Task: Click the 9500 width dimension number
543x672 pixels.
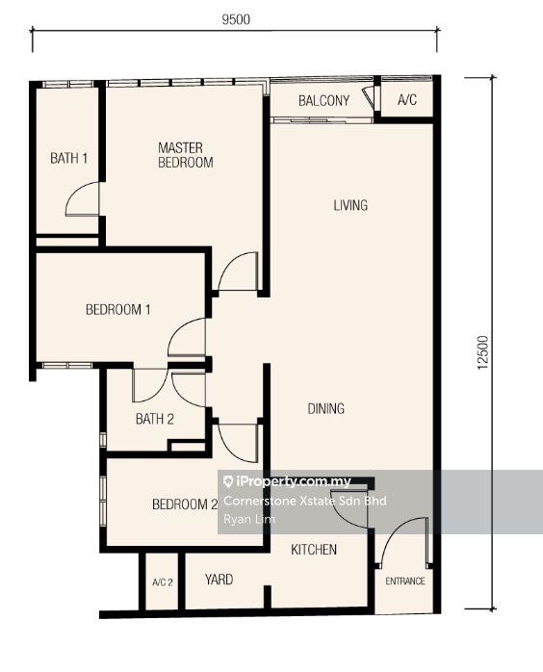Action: [x=236, y=19]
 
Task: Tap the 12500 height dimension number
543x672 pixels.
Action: [x=482, y=352]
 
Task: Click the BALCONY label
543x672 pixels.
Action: [x=324, y=101]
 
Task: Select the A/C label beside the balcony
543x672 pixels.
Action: [x=407, y=100]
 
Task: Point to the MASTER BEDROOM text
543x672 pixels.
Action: [x=186, y=155]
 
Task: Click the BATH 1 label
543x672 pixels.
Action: [x=69, y=158]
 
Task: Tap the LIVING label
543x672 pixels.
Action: [x=350, y=205]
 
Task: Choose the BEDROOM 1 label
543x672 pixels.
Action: [x=118, y=309]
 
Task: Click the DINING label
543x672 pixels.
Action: [x=326, y=408]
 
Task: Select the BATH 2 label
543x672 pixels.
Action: [x=155, y=419]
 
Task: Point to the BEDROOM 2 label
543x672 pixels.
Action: [x=185, y=504]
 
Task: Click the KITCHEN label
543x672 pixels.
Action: [x=314, y=550]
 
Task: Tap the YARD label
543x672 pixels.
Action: [x=219, y=580]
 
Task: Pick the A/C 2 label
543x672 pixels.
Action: [x=163, y=582]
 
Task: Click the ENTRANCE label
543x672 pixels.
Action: [x=405, y=582]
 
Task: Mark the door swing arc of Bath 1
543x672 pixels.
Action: [x=74, y=192]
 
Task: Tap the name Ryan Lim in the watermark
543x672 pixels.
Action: [x=249, y=519]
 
